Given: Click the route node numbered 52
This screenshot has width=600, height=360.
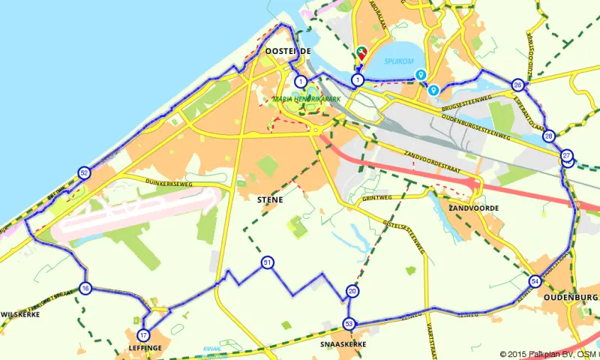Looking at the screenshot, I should point(84,173).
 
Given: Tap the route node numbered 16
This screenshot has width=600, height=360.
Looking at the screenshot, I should point(85,288).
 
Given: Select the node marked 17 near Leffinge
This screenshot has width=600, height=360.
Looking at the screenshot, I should point(143,335).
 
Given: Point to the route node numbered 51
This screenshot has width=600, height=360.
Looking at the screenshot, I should point(267,262).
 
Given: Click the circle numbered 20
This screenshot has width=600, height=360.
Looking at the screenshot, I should point(352,292).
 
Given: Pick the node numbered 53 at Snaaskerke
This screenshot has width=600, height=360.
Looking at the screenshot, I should point(349,323).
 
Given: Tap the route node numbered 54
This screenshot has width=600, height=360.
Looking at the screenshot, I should point(535,281).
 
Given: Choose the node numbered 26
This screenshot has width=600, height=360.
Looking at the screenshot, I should point(517,85).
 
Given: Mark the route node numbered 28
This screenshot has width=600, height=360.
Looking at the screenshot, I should point(549,136).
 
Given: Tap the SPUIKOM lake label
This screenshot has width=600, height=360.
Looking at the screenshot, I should point(397,61).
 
